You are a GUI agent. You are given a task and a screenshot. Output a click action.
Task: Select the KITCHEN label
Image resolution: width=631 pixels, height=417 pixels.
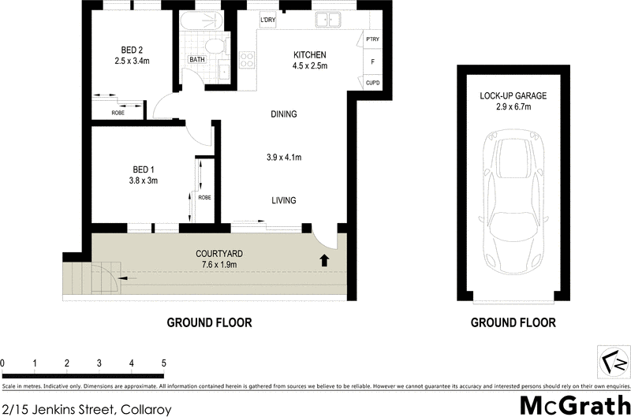pyautogui.click(x=309, y=54)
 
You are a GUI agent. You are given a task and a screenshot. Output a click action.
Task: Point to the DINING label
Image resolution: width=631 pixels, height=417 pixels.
pyautogui.click(x=283, y=114)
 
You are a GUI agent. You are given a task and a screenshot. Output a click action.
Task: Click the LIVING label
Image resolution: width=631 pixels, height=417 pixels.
pyautogui.click(x=283, y=200)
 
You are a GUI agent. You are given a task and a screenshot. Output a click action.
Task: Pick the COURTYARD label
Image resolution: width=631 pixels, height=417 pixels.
pyautogui.click(x=218, y=253)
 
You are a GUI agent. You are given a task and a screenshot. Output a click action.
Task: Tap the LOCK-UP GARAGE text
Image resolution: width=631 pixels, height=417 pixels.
pyautogui.click(x=513, y=96)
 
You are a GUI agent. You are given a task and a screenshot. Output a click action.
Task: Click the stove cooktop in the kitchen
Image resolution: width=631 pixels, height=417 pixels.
pyautogui.click(x=247, y=60)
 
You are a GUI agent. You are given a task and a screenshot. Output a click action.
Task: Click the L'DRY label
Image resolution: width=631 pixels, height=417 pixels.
pyautogui.click(x=267, y=20)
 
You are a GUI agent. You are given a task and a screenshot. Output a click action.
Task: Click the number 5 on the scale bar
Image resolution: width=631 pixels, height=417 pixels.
pyautogui.click(x=163, y=363)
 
